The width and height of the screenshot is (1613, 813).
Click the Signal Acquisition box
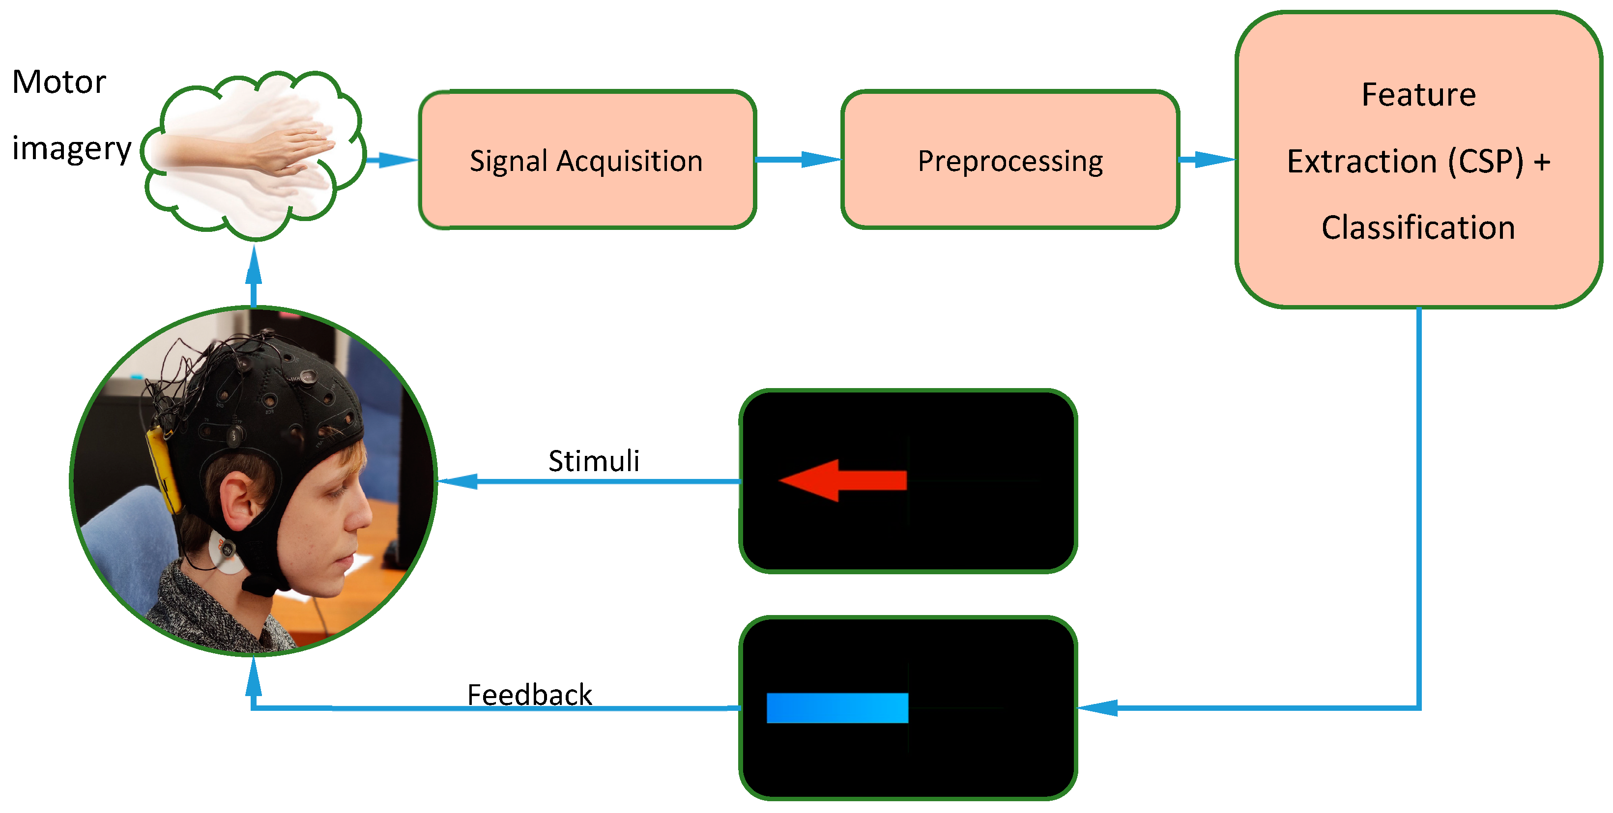(587, 160)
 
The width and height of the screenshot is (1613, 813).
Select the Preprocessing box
(1009, 160)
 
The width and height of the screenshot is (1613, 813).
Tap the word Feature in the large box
(1418, 95)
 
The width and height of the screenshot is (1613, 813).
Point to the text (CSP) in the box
(1485, 162)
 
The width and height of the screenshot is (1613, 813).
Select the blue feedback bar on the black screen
(836, 708)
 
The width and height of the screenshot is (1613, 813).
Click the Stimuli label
(594, 461)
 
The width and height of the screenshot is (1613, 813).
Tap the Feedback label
(529, 695)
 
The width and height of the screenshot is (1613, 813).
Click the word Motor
(59, 82)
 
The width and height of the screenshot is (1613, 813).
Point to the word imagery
(71, 149)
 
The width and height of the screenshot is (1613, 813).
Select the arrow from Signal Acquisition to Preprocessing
(798, 160)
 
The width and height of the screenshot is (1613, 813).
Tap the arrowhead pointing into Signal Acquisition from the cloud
(397, 160)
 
